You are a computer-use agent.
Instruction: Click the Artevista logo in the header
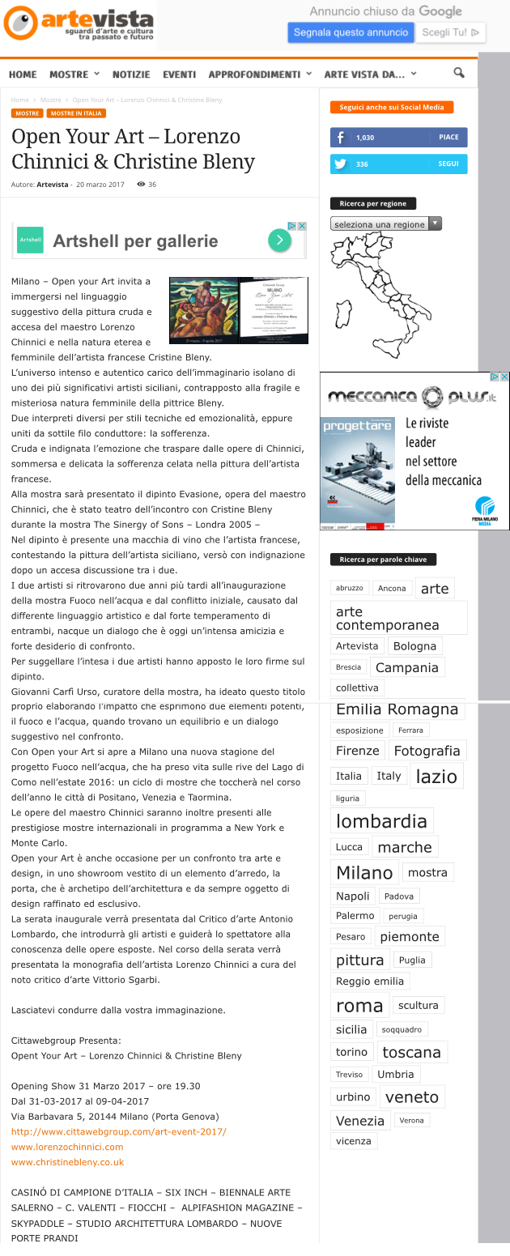point(79,24)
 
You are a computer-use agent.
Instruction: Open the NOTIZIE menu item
point(131,75)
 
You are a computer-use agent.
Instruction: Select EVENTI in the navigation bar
point(179,75)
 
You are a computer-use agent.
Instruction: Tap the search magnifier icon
point(459,74)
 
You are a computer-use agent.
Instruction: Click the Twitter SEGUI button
point(448,164)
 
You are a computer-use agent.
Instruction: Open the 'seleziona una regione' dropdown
point(386,224)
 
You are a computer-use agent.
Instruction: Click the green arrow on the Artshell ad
point(278,241)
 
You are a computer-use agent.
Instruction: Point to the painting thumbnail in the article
point(203,310)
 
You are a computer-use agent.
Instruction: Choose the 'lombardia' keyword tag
point(381,820)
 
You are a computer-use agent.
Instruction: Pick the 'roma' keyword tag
point(359,1006)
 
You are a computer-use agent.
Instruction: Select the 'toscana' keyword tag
point(411,1053)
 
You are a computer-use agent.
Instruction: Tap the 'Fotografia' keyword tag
point(427,751)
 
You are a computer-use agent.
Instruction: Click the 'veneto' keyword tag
point(411,1097)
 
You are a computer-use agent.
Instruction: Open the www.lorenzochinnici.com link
point(67,1147)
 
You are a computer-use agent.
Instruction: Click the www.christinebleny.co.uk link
point(67,1162)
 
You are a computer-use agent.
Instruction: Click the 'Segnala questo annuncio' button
point(351,32)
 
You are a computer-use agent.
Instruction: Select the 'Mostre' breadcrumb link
point(50,100)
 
